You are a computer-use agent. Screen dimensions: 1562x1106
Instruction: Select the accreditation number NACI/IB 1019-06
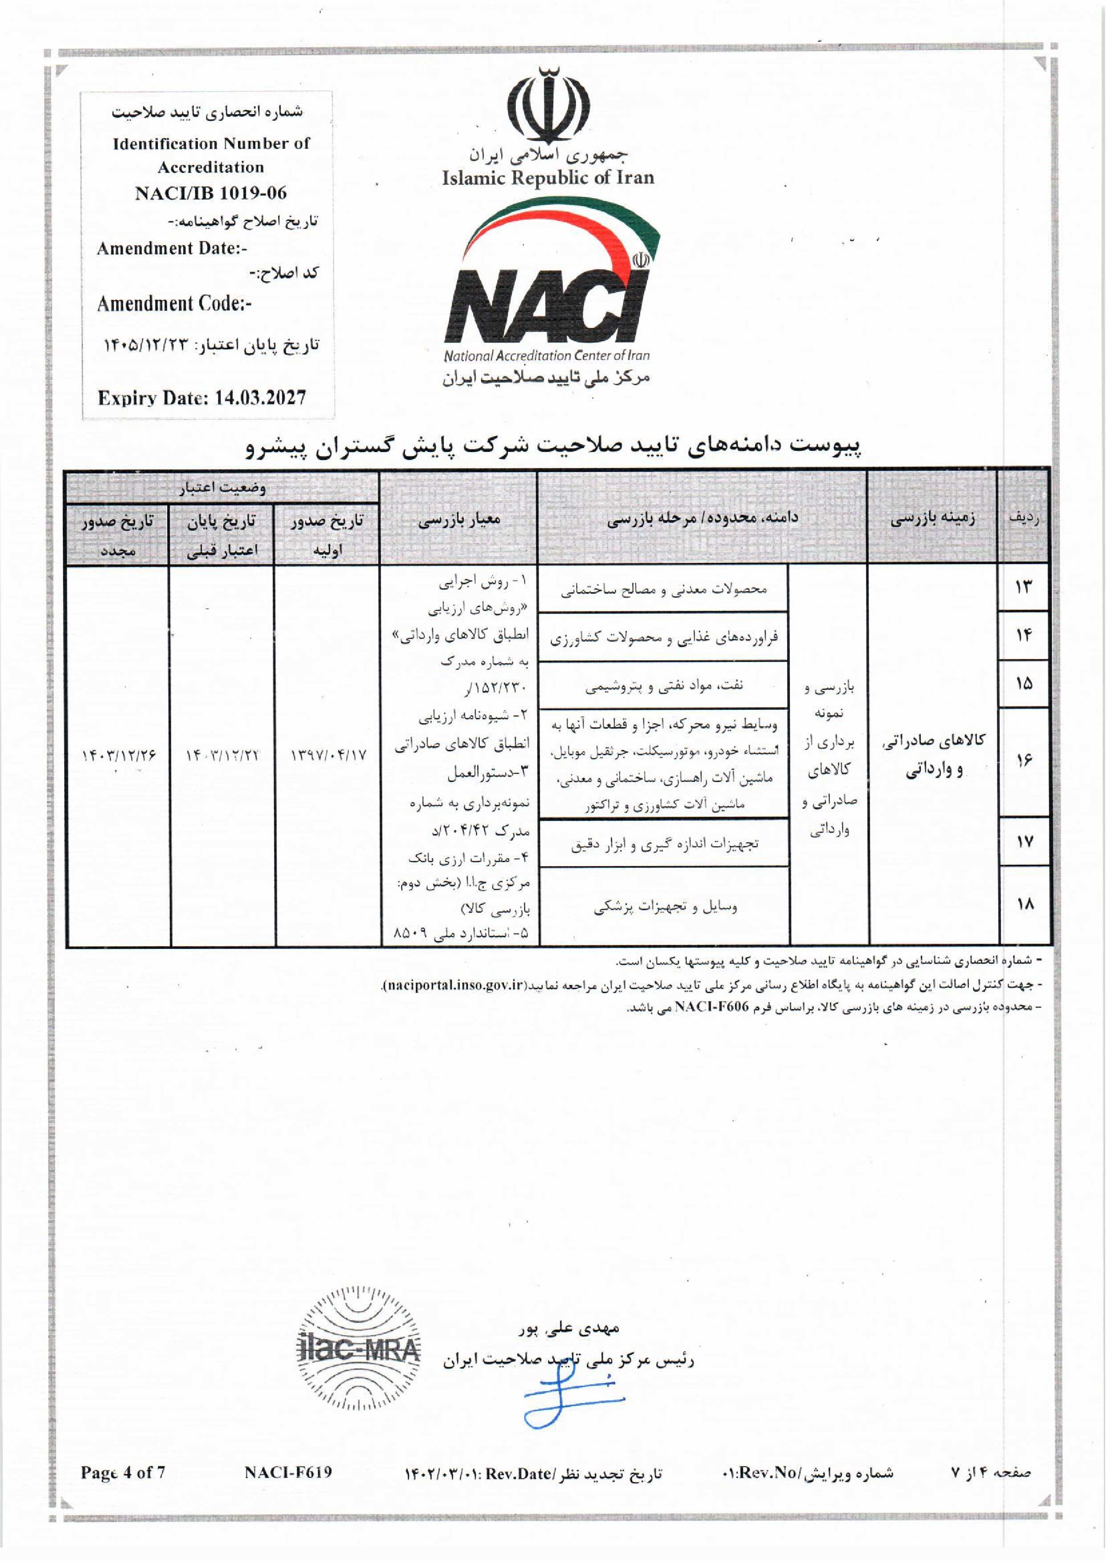(x=210, y=193)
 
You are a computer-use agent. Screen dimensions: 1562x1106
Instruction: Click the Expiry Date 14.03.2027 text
(x=202, y=398)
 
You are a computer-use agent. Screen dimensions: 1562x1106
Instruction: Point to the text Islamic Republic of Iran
(x=547, y=178)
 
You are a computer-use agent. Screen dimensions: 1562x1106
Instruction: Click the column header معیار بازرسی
(x=459, y=519)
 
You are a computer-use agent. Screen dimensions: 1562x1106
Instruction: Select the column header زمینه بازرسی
(x=932, y=519)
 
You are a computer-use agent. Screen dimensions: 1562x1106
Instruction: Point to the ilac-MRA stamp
(x=359, y=1348)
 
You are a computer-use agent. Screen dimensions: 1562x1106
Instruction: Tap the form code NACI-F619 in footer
(x=288, y=1473)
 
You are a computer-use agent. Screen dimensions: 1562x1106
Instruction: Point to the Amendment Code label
(x=174, y=304)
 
